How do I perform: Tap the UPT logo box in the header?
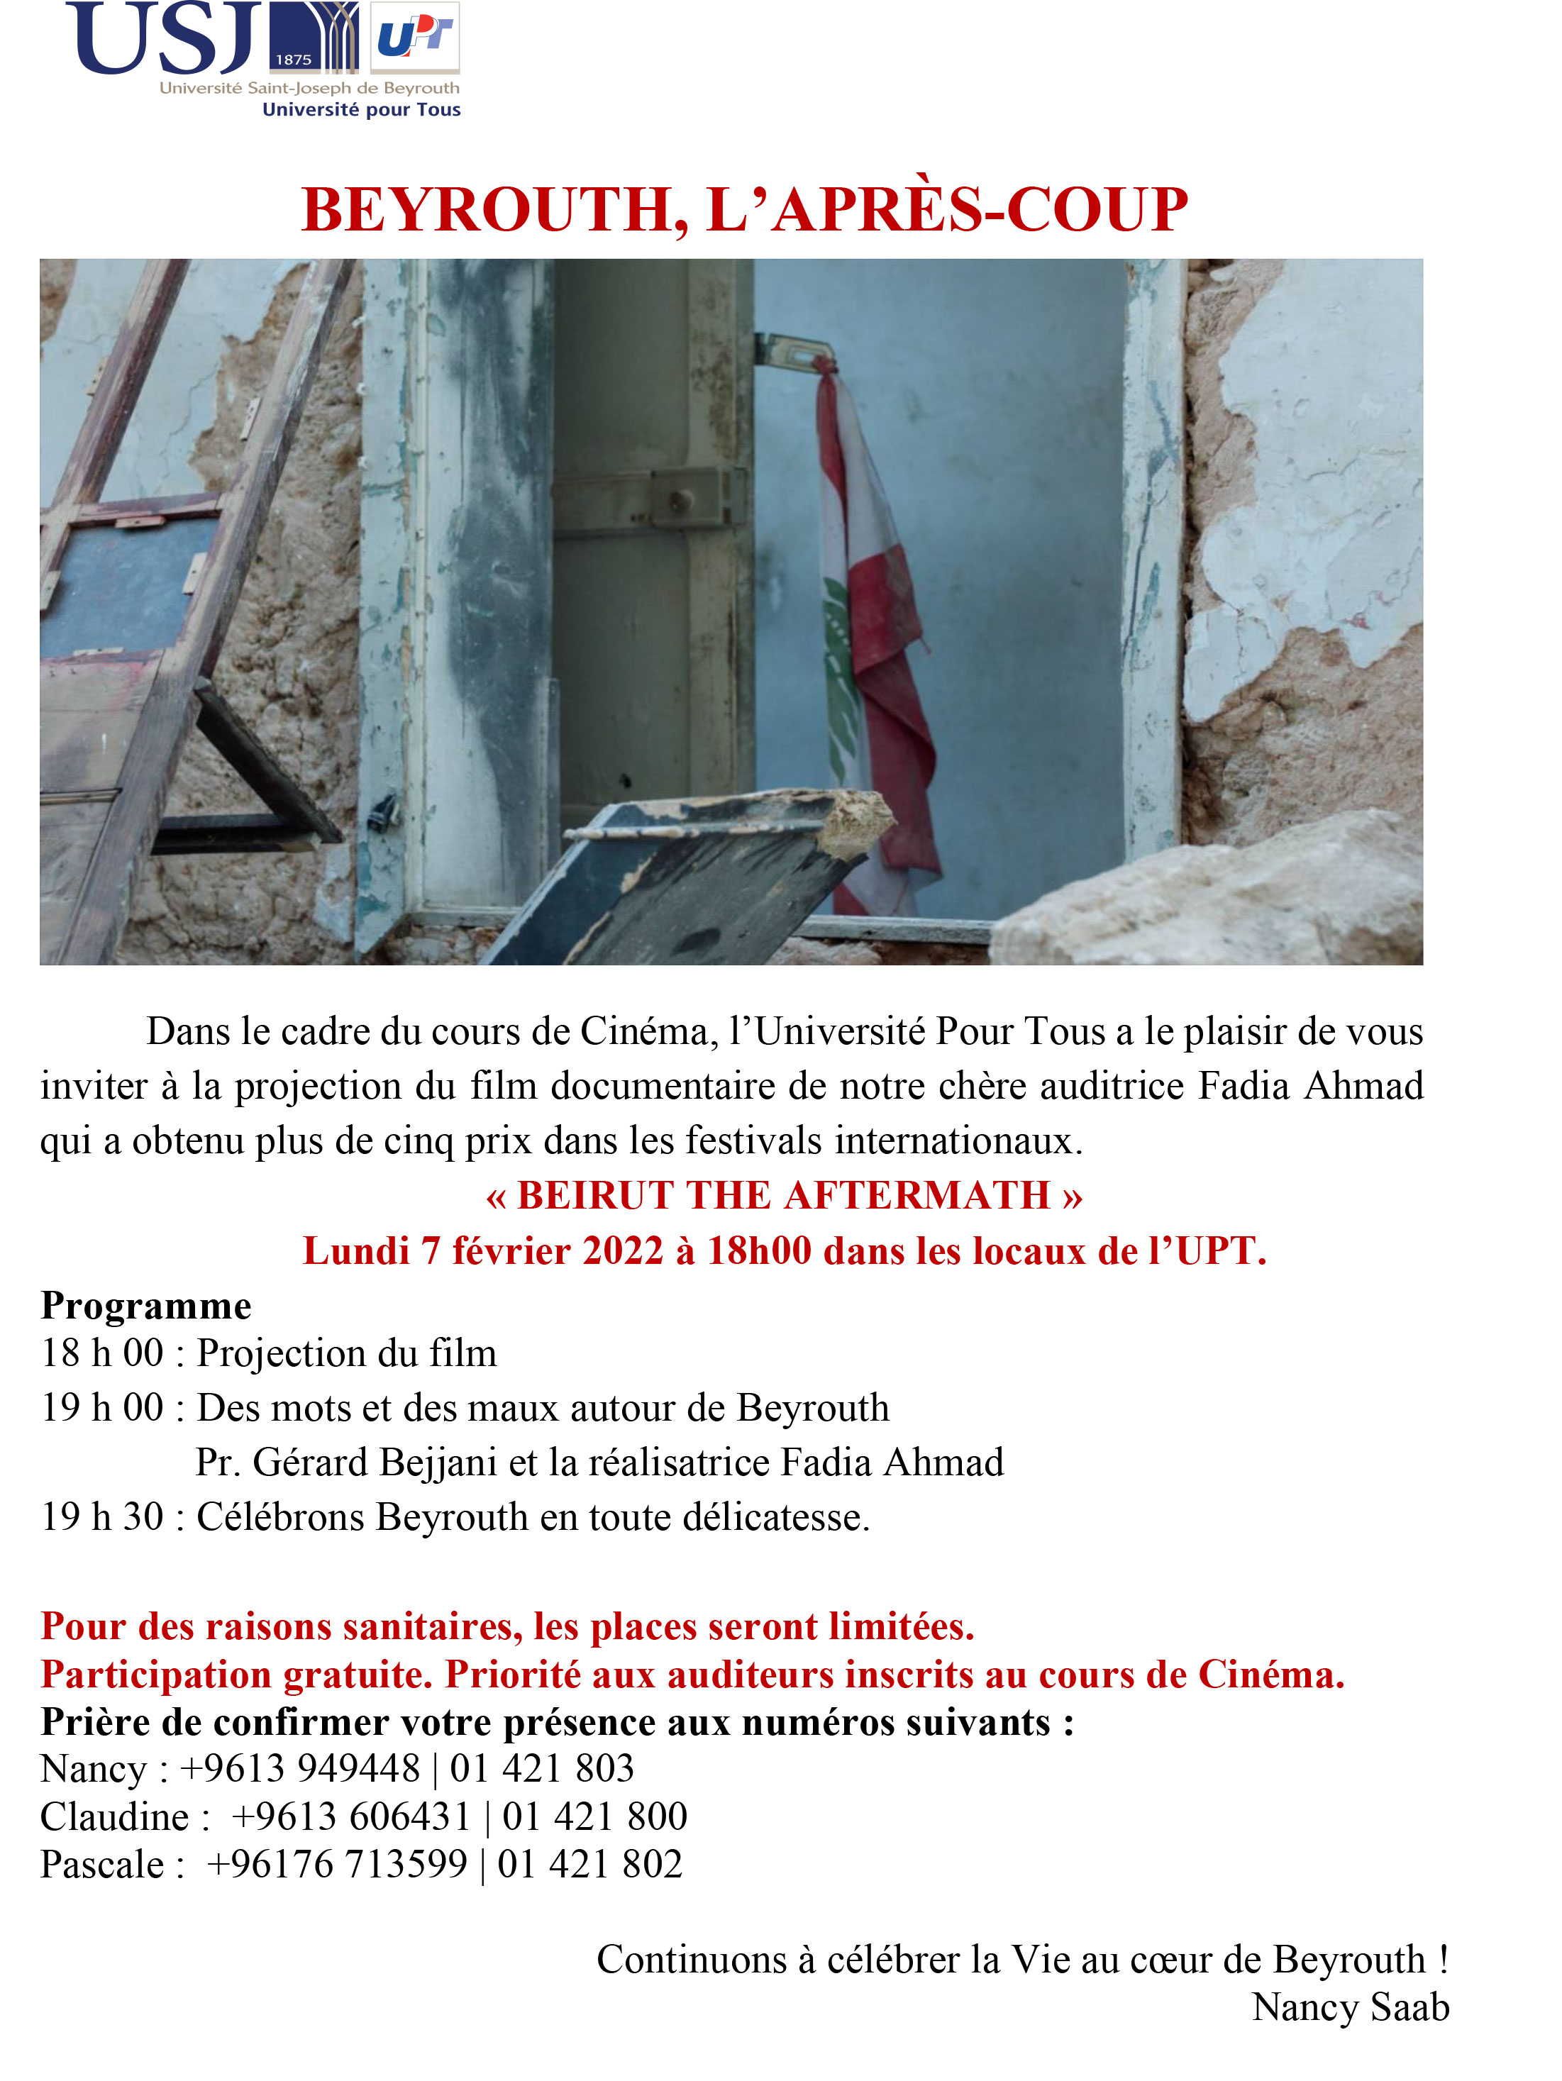click(414, 38)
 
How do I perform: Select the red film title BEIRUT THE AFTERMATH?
click(784, 1196)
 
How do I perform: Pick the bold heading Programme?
click(146, 1306)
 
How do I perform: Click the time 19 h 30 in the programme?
click(103, 1516)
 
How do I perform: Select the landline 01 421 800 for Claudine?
click(594, 1816)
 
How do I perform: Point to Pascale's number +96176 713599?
click(338, 1864)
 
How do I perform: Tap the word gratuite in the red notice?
click(358, 1675)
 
